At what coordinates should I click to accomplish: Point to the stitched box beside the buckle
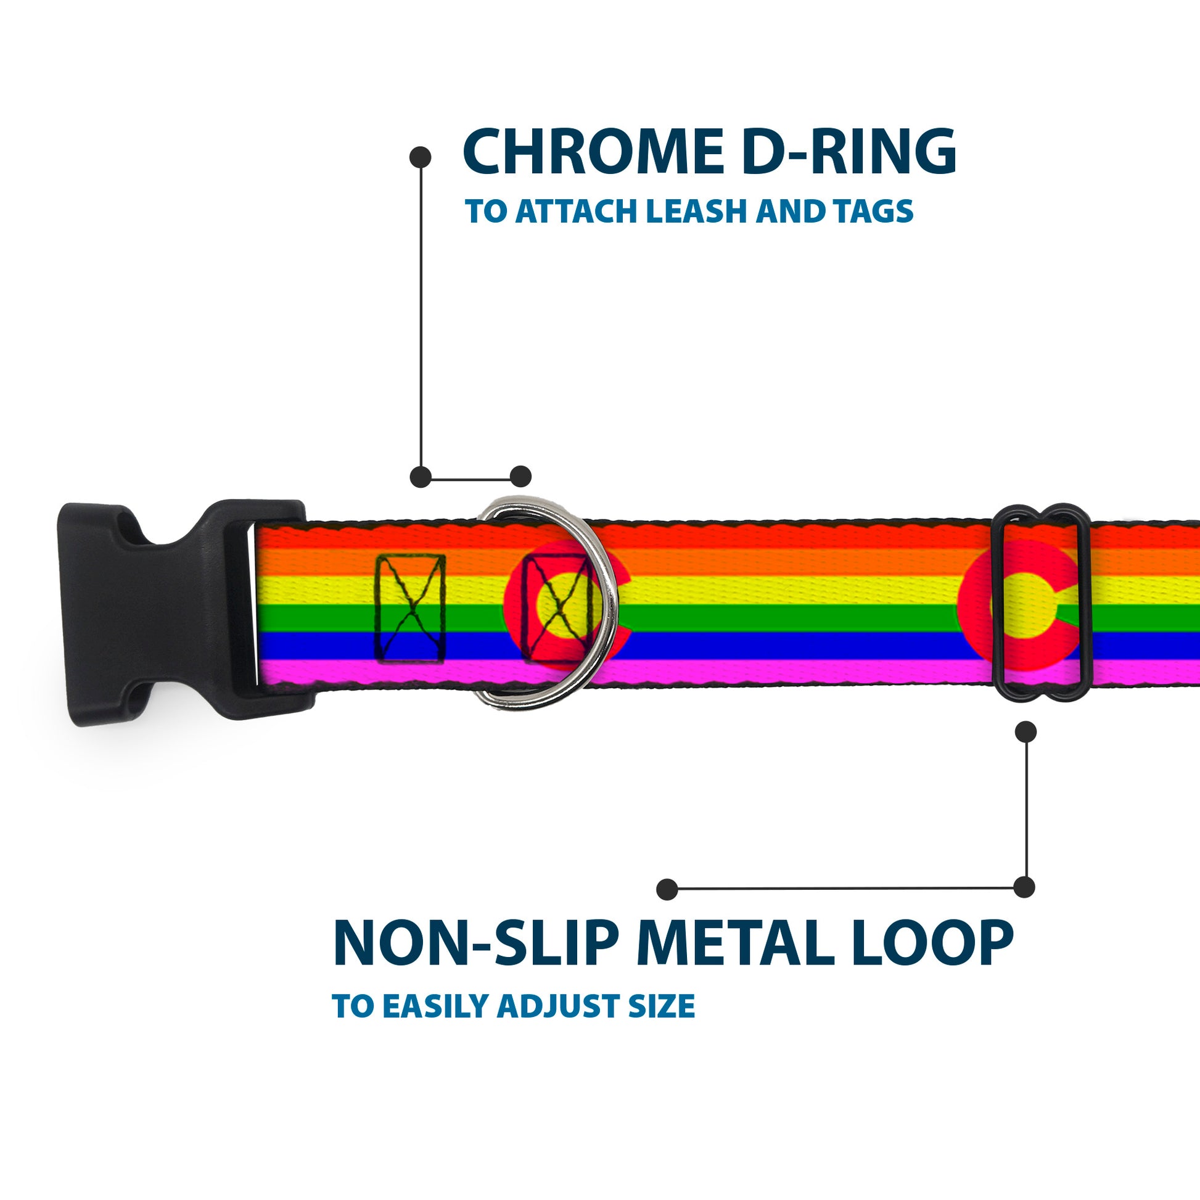(410, 609)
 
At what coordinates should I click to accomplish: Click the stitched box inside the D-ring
(556, 609)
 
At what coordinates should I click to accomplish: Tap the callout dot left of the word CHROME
(421, 157)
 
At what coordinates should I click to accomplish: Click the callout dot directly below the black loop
(1025, 733)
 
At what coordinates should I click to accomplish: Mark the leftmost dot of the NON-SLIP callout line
(667, 889)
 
